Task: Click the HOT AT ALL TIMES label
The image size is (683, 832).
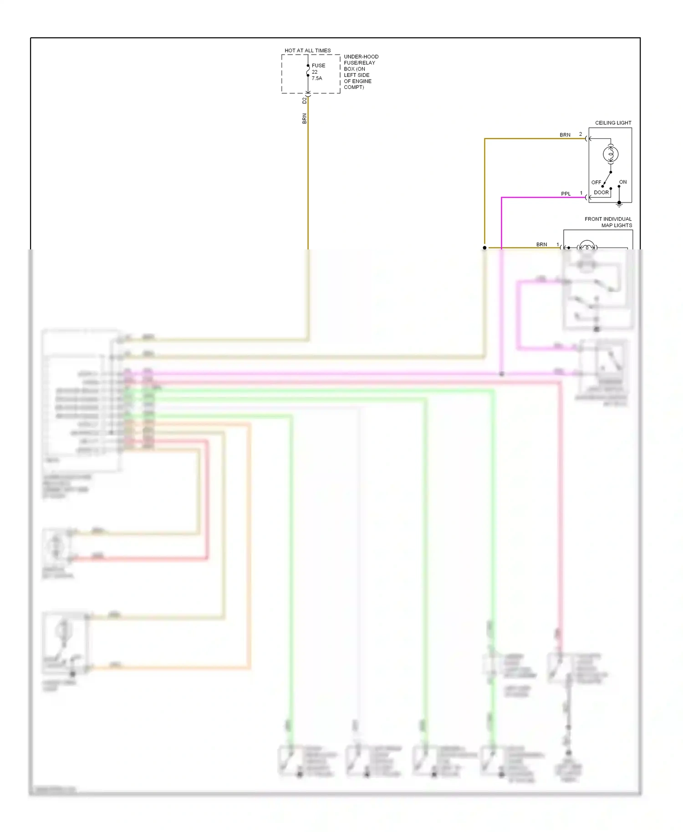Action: point(307,51)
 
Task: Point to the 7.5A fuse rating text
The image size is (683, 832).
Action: point(317,78)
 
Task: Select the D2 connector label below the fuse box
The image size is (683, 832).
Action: point(305,100)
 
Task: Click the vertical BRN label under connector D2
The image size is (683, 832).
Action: point(305,118)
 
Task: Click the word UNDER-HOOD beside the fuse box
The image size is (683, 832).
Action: point(361,57)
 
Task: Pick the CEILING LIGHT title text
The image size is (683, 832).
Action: point(613,123)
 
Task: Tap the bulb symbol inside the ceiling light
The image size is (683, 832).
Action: point(611,155)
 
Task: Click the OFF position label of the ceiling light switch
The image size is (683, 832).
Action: point(596,183)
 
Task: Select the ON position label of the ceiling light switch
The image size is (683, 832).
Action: point(623,182)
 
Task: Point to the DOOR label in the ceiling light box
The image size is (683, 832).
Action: point(601,193)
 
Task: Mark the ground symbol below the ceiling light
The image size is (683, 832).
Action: point(619,204)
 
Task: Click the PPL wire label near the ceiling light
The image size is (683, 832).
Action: point(566,194)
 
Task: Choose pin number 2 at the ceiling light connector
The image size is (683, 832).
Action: point(581,134)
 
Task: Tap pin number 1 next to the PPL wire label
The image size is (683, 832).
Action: point(581,193)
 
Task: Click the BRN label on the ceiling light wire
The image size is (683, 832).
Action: point(565,135)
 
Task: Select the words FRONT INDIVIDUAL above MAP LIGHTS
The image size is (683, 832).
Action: point(608,219)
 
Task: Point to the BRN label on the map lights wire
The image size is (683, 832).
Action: point(541,244)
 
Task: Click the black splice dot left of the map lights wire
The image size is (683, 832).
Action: point(484,248)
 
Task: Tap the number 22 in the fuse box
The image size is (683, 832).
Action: point(315,72)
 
